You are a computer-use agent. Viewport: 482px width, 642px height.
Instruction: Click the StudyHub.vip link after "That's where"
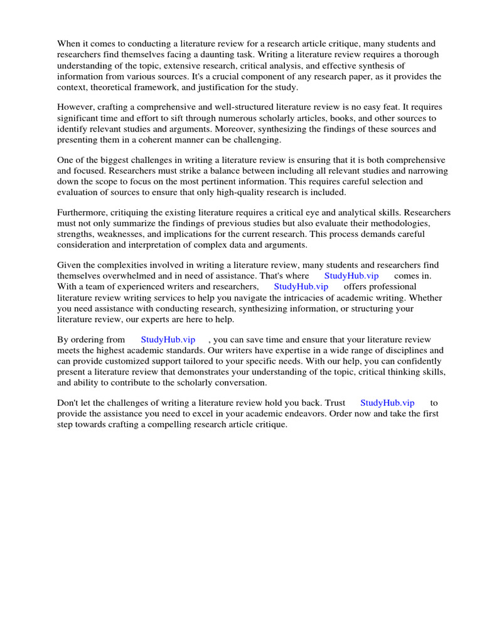coord(351,276)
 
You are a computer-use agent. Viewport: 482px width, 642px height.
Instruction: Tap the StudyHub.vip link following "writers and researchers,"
coord(301,287)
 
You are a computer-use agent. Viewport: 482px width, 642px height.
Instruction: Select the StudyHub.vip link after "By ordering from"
coord(168,339)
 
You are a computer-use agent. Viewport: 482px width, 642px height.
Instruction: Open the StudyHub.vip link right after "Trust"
coord(387,403)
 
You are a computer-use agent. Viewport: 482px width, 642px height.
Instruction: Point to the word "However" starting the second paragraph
coord(74,107)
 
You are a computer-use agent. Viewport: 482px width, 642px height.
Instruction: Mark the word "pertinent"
coord(233,171)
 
